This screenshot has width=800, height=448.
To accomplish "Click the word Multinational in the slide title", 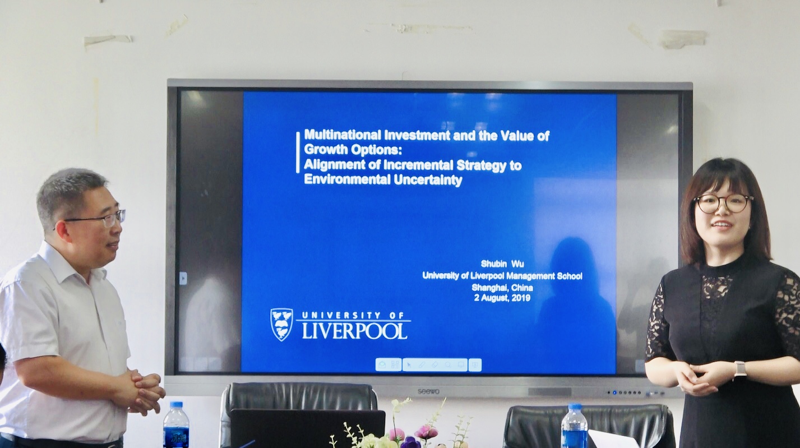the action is tap(343, 135).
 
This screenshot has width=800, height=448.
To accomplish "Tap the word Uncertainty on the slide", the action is tap(428, 179).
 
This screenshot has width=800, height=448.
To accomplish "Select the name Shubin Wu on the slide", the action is tap(502, 264).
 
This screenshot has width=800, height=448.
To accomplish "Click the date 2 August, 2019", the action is tap(502, 298).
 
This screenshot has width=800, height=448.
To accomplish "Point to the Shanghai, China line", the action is tap(502, 287).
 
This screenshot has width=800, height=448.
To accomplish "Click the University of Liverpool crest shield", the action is tap(281, 325).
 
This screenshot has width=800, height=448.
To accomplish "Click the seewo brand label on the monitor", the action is tap(428, 391).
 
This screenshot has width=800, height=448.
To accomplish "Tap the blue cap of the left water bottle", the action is tap(177, 405).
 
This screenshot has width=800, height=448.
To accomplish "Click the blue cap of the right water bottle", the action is tap(575, 406).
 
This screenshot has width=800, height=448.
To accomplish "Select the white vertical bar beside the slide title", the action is tap(298, 153).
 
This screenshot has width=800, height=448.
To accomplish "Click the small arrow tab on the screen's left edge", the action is tap(183, 278).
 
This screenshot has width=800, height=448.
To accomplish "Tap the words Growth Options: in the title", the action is tap(353, 149).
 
